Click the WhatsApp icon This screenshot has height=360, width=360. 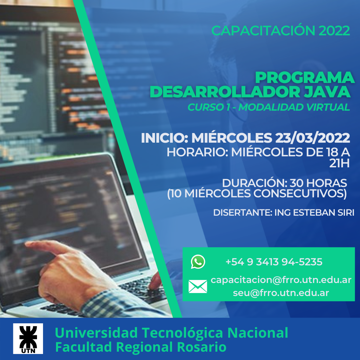point(198,262)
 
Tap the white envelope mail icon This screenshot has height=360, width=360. point(198,286)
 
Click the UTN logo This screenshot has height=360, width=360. point(28,338)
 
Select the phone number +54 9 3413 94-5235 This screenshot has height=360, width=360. point(274,262)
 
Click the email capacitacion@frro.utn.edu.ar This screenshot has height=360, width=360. point(281,280)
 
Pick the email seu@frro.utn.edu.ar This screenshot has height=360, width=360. point(281,293)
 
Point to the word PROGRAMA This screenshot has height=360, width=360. point(305,78)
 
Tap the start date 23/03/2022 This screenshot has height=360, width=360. point(312,138)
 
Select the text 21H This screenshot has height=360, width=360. point(339,163)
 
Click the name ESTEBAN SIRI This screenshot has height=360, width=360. point(324,213)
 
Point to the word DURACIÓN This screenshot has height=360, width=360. point(255,183)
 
